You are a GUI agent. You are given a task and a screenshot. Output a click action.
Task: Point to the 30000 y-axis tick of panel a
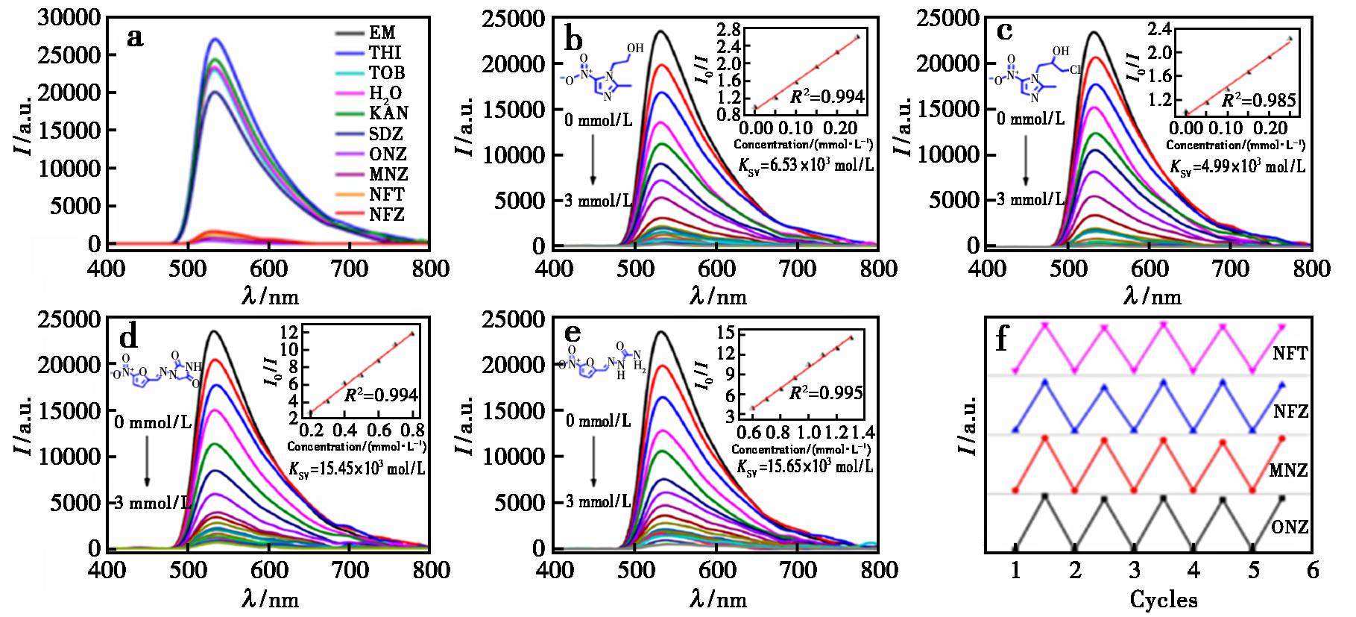point(66,18)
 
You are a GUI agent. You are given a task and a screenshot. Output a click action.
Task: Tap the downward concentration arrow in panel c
point(1026,157)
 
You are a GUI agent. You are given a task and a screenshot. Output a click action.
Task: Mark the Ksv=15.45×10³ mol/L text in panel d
point(357,469)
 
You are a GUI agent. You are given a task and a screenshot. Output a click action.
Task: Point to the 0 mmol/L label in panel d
point(153,423)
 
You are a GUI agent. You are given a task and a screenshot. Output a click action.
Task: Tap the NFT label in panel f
point(1291,354)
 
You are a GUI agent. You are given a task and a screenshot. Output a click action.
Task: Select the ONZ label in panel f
point(1291,527)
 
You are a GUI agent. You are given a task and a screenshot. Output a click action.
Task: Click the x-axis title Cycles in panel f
point(1164,599)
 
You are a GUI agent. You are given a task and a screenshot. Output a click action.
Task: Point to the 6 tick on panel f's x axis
point(1313,571)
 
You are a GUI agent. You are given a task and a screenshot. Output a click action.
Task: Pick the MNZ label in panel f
point(1288,471)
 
